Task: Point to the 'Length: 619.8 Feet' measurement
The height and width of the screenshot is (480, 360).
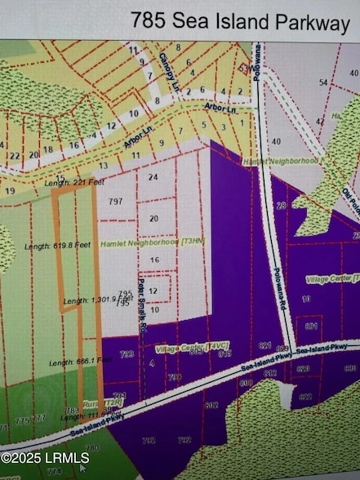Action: coord(56,246)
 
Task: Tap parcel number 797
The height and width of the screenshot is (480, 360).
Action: coord(115,201)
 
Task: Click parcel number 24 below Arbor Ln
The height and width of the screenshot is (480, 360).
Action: coord(153,176)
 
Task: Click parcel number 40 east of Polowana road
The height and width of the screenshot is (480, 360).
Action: coord(276,141)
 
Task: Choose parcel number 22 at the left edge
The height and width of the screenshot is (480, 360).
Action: coord(14,155)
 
